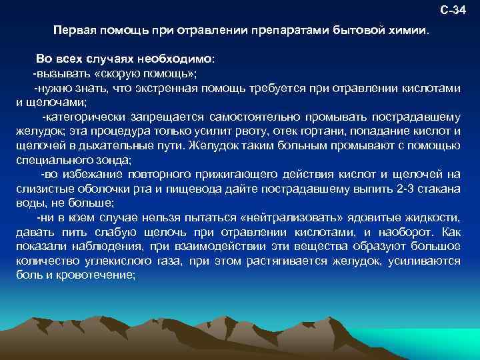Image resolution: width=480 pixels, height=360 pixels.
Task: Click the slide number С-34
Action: click(454, 11)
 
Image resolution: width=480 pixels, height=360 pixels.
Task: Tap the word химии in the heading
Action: click(411, 31)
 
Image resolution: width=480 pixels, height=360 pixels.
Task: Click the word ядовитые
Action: click(377, 218)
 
